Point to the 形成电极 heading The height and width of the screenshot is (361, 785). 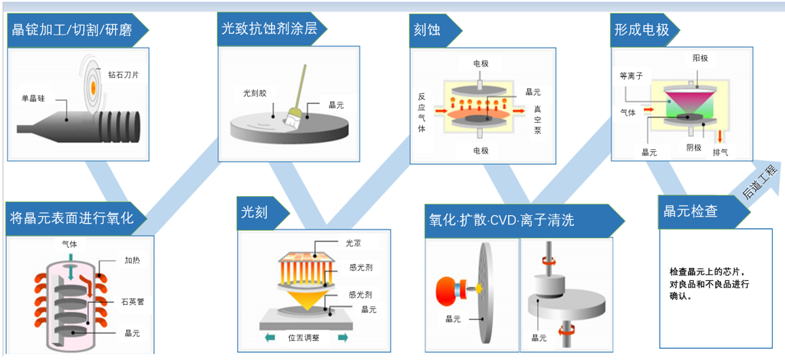[641, 30]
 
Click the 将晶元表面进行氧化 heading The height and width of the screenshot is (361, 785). [76, 218]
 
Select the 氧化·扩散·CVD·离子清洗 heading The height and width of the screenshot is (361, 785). [503, 219]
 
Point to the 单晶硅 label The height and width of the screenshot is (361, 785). [33, 98]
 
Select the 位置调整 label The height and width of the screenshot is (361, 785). [304, 337]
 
